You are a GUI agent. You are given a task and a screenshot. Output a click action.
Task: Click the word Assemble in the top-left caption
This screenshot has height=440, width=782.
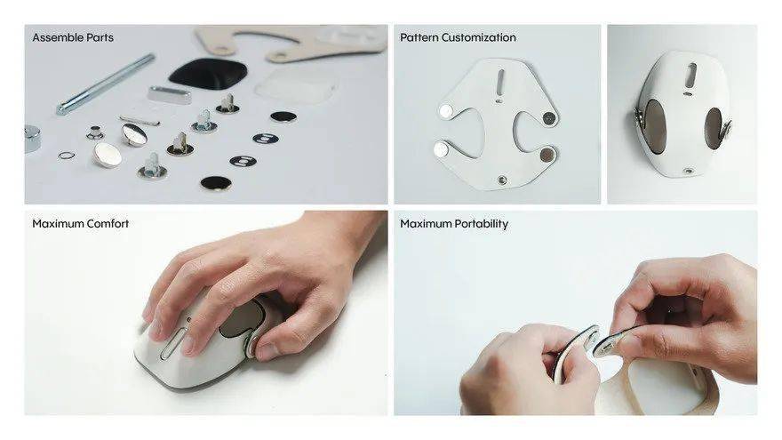click(56, 37)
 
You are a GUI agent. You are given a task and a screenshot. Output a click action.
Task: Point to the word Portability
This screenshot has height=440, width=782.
click(482, 224)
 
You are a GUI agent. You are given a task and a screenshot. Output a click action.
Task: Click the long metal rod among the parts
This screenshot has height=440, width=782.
click(105, 84)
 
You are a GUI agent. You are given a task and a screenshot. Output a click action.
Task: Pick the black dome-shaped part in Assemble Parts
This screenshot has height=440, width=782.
click(208, 73)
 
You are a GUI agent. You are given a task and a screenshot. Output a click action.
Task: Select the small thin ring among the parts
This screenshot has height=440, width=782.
click(67, 156)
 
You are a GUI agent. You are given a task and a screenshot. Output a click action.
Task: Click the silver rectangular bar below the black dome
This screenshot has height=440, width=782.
click(170, 95)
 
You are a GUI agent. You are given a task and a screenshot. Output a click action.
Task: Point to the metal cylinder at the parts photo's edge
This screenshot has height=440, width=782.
click(32, 138)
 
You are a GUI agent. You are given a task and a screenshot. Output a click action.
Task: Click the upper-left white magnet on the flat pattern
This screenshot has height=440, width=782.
click(446, 111)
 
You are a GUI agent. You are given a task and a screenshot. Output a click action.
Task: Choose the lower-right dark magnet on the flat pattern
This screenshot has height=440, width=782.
click(547, 155)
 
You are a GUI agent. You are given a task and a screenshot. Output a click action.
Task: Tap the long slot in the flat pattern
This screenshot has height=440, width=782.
click(500, 80)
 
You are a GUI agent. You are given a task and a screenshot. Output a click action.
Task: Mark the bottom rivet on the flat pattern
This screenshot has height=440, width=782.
click(502, 180)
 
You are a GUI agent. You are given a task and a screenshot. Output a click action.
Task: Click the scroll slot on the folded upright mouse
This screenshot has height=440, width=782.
click(691, 75)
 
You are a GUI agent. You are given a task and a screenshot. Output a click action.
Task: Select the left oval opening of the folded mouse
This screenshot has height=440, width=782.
click(655, 125)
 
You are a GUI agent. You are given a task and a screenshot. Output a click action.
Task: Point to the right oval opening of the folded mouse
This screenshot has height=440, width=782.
click(714, 128)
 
